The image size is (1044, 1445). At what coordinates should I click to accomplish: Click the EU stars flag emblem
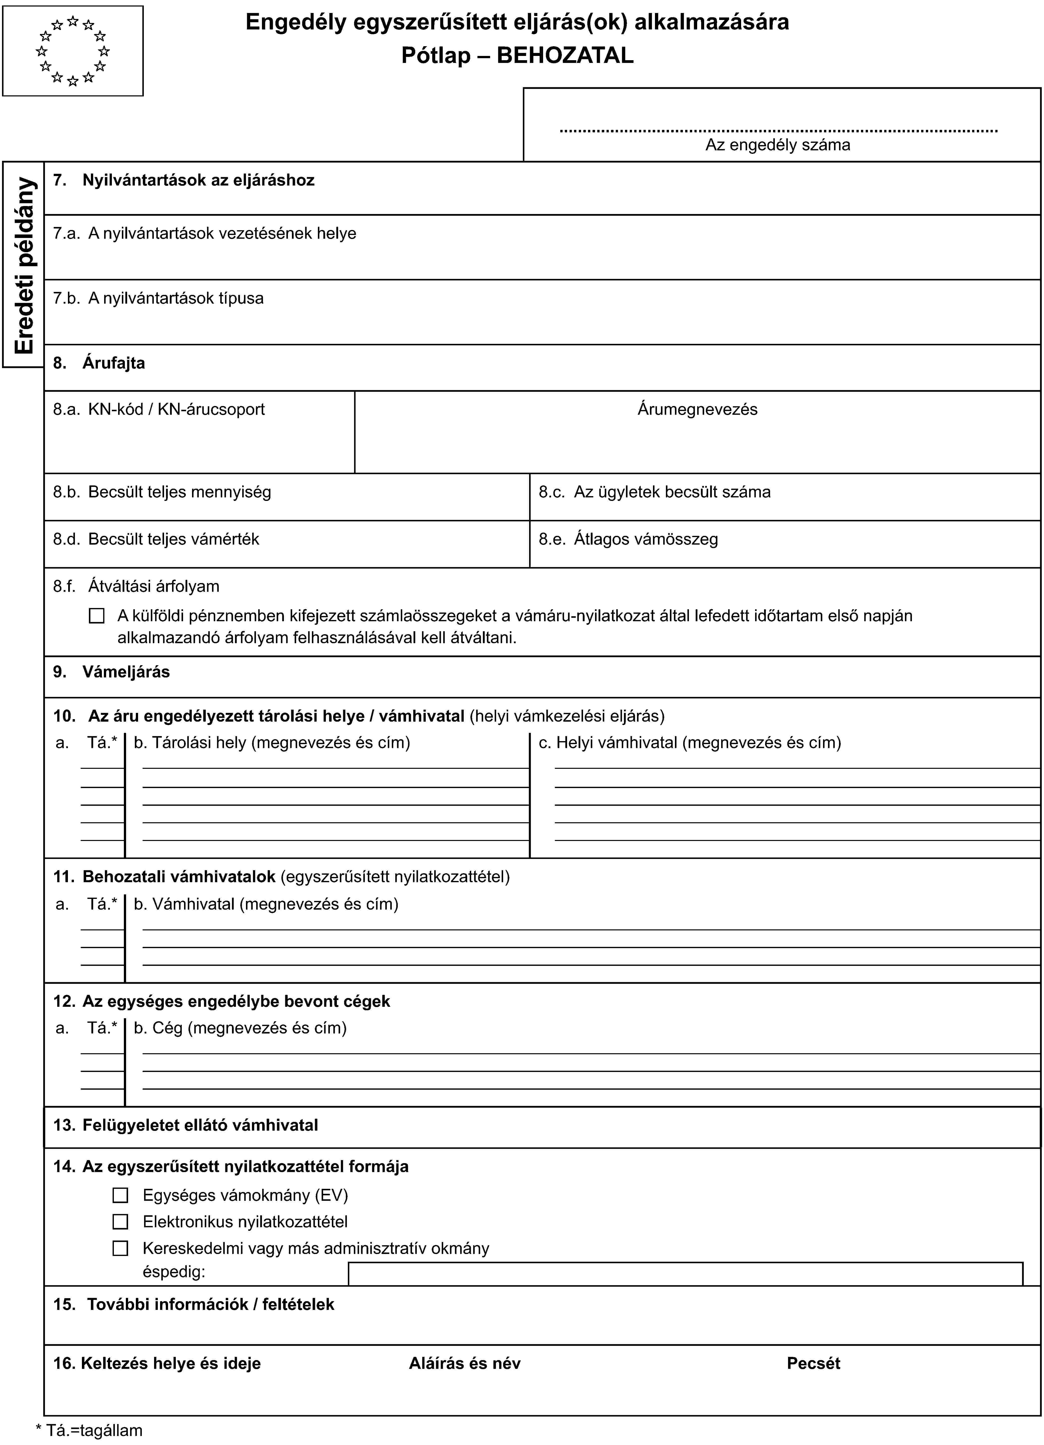point(73,51)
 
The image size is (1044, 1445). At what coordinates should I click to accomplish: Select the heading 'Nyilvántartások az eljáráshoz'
point(198,180)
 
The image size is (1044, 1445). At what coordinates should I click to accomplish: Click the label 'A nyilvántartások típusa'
point(175,298)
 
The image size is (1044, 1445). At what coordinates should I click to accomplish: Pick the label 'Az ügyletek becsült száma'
point(671,492)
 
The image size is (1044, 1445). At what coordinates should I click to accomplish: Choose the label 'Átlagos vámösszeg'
point(645,539)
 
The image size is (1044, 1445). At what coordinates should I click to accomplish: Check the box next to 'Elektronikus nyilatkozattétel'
point(120,1221)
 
